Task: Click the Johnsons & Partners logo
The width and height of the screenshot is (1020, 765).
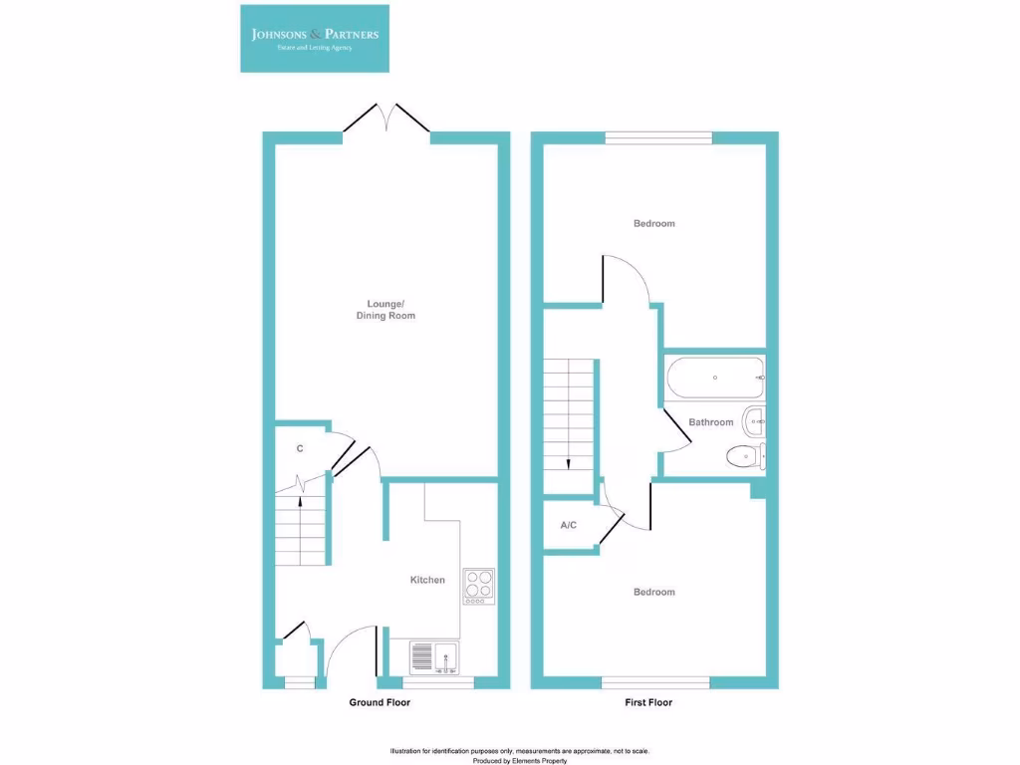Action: click(x=315, y=38)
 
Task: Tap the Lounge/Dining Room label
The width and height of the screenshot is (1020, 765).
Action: click(x=385, y=310)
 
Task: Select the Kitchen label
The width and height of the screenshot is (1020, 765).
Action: click(x=427, y=580)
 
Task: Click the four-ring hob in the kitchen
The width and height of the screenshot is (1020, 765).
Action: click(x=478, y=586)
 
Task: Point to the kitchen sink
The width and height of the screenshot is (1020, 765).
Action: click(x=433, y=657)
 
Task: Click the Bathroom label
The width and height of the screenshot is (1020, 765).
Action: click(x=710, y=422)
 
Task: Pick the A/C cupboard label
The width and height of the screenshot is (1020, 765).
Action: click(x=569, y=525)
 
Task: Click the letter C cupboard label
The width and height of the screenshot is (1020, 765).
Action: click(x=299, y=450)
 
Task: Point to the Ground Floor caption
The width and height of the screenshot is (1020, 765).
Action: click(x=379, y=702)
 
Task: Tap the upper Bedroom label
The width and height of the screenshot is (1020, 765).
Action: click(x=653, y=223)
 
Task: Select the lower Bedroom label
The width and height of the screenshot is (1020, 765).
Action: click(x=653, y=592)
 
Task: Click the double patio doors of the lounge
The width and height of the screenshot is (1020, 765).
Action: click(x=386, y=119)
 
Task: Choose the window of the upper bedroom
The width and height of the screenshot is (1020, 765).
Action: click(x=657, y=138)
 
